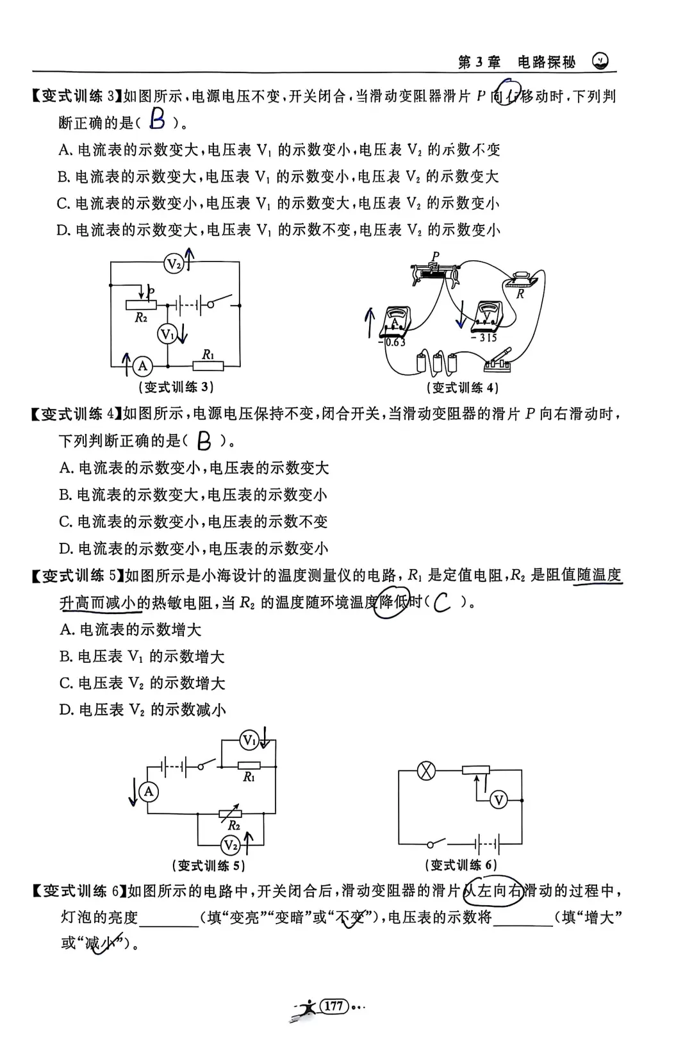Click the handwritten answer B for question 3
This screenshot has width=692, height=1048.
point(156,119)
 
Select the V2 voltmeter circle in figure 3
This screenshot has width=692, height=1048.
point(174,263)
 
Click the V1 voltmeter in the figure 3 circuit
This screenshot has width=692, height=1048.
point(167,334)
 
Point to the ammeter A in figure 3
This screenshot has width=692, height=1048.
point(143,366)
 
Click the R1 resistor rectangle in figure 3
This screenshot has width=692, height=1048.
point(208,366)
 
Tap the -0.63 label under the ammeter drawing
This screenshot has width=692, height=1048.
point(392,342)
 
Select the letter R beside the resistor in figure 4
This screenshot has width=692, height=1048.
point(520,294)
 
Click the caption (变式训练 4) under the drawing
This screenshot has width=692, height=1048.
point(462,387)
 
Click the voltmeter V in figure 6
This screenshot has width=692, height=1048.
point(498,800)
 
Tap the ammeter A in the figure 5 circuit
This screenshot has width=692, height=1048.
point(149,792)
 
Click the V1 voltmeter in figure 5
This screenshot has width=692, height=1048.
point(249,741)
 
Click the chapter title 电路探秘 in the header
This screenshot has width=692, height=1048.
point(546,62)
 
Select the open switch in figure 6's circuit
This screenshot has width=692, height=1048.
point(438,842)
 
